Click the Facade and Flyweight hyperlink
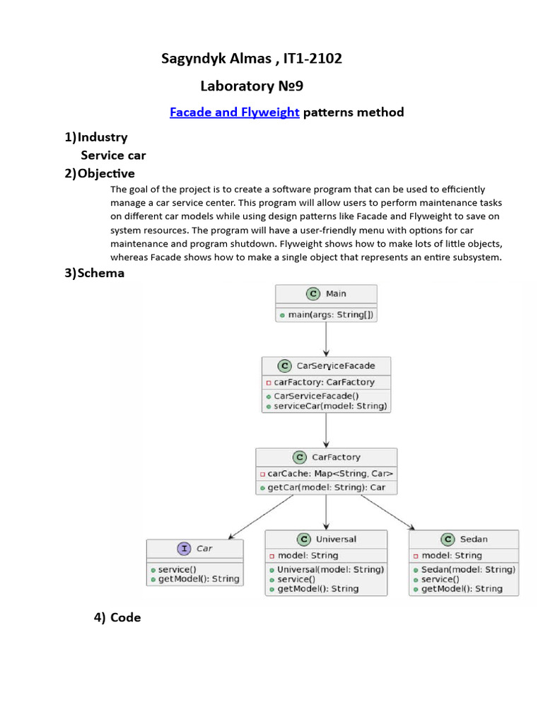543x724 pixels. click(235, 112)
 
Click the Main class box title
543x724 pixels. click(336, 293)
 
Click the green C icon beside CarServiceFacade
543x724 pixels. click(284, 366)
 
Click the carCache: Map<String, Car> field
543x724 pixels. click(327, 473)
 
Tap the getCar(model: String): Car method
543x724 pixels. click(326, 487)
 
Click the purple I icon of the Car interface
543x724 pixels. click(184, 548)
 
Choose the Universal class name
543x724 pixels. click(336, 539)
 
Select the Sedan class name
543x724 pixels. click(474, 539)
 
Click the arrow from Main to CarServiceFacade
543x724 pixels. click(326, 339)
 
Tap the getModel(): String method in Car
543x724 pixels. click(194, 579)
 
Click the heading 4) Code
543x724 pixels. click(117, 617)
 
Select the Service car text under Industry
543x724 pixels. click(113, 155)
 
